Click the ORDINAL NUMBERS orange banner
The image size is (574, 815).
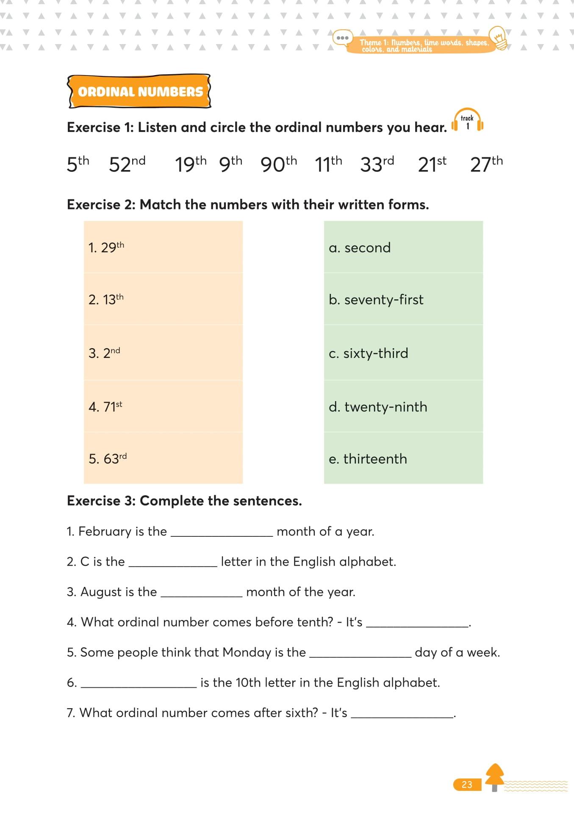(139, 92)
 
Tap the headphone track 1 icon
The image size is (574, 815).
(467, 121)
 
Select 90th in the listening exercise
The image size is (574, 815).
(278, 164)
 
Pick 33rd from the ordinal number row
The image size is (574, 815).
(377, 164)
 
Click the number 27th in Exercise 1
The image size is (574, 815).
(486, 164)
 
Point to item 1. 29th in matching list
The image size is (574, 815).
(106, 247)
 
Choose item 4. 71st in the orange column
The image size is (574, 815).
(105, 406)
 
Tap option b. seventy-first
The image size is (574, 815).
(376, 300)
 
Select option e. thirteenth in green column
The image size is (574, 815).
(368, 459)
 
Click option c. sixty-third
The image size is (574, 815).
(368, 353)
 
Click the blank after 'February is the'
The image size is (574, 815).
(222, 532)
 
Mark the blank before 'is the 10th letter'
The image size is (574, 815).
(139, 683)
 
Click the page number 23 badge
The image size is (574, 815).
(467, 784)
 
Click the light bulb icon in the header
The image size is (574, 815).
(499, 38)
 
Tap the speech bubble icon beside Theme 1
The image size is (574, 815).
(342, 38)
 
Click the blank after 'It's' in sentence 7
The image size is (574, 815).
(402, 713)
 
